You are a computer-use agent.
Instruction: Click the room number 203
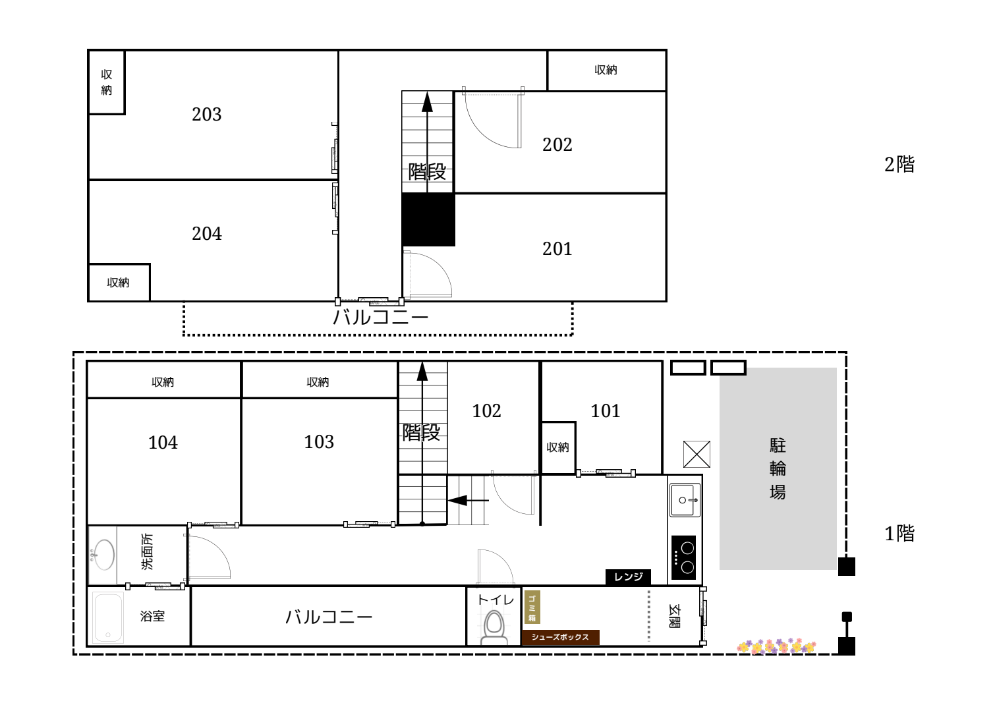206,115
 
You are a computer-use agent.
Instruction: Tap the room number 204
206,234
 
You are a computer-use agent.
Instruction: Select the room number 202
557,145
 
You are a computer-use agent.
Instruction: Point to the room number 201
557,248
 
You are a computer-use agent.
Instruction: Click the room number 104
163,442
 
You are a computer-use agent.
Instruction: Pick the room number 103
318,441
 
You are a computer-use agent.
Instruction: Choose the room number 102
486,410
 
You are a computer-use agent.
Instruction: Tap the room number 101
605,410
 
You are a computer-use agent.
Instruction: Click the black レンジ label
628,577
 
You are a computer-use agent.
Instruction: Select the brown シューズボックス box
561,637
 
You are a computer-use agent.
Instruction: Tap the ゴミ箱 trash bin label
532,607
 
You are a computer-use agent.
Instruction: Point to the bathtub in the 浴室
108,618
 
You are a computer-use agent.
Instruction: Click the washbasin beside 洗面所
103,555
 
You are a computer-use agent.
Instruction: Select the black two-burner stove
683,557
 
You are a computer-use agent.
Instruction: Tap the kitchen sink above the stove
685,500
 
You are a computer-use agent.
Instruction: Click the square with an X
696,454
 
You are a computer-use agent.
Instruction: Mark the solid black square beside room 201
428,219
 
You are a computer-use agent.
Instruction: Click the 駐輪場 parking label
778,468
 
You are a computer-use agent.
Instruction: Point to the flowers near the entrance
776,646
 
